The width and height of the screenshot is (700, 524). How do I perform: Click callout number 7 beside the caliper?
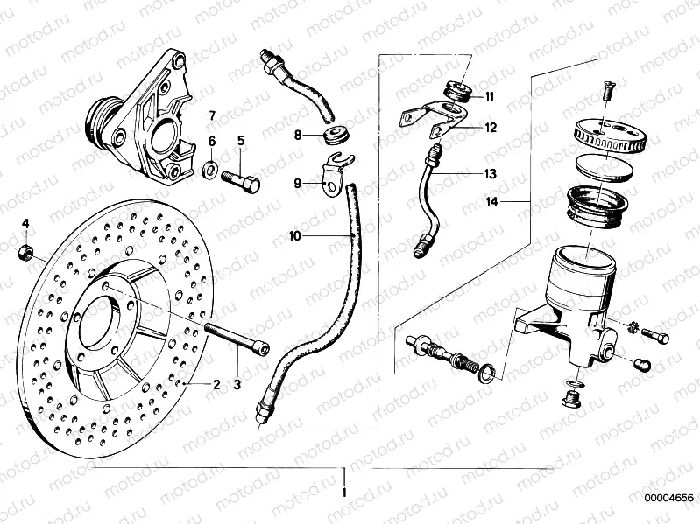pyautogui.click(x=210, y=115)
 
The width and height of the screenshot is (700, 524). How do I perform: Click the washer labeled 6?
pyautogui.click(x=211, y=168)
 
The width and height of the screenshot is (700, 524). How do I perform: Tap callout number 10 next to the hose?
pyautogui.click(x=294, y=235)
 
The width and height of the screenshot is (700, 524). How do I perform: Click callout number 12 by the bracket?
pyautogui.click(x=491, y=127)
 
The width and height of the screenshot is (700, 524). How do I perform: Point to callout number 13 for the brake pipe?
pyautogui.click(x=491, y=174)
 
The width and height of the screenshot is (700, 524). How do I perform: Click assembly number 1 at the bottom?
pyautogui.click(x=345, y=493)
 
